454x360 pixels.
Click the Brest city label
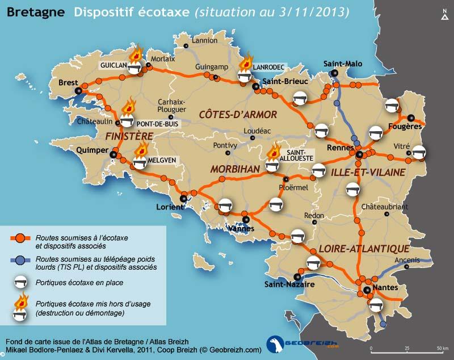click(68, 83)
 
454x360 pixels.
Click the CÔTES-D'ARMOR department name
click(238, 115)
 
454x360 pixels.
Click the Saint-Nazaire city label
click(288, 284)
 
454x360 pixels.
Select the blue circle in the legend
click(19, 259)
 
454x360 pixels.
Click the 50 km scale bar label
click(439, 348)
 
